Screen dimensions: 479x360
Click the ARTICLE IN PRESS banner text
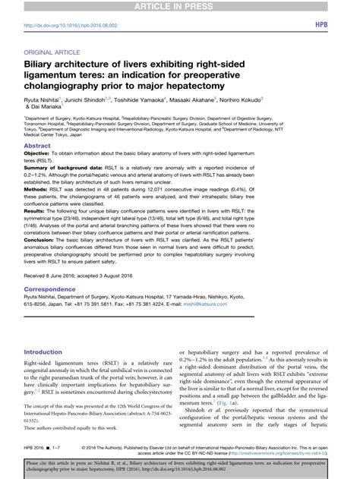(179, 7)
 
